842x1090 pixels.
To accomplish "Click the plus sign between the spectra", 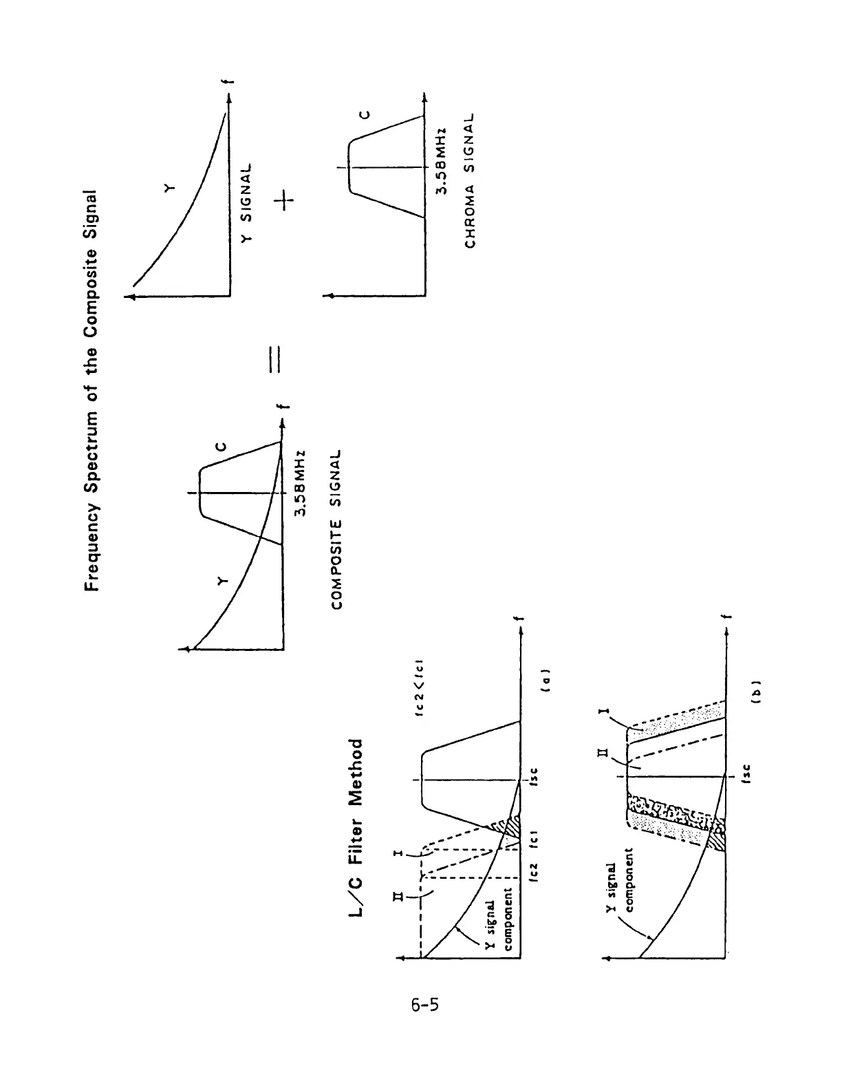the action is tap(284, 200).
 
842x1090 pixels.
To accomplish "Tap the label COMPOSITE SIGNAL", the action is tap(336, 529).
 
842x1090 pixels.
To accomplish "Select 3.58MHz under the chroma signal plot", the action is tap(442, 162).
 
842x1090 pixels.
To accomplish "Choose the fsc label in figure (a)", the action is tap(534, 780).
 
